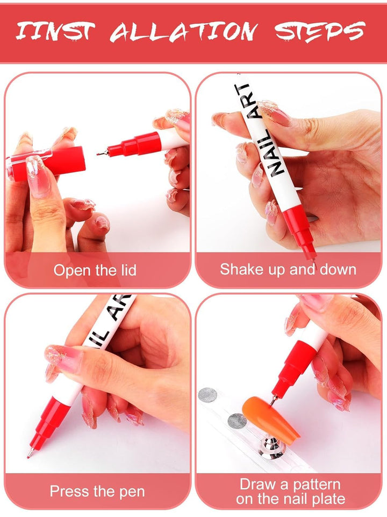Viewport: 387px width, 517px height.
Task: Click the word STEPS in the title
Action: (320, 32)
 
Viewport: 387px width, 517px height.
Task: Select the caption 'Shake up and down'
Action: (288, 269)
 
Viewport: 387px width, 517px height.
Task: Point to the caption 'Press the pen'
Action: (97, 491)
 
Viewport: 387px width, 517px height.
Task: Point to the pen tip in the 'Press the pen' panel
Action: (29, 455)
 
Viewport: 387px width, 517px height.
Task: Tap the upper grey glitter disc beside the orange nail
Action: (207, 395)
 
